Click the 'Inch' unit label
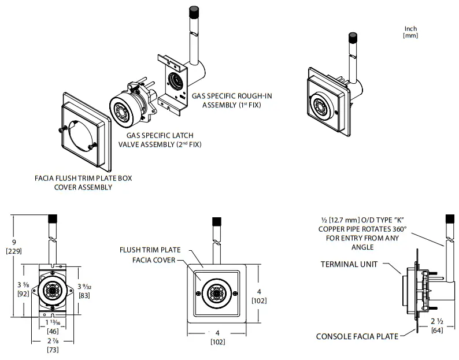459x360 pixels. click(x=410, y=28)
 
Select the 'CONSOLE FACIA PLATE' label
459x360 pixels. click(x=356, y=336)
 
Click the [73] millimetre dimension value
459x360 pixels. click(x=52, y=350)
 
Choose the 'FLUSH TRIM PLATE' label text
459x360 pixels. click(x=150, y=250)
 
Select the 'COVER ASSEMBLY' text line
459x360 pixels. click(x=83, y=187)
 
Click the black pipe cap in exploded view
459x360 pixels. click(x=195, y=13)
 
